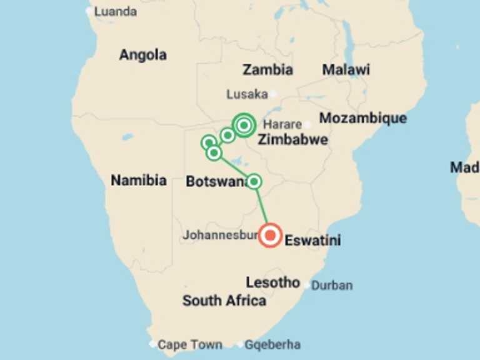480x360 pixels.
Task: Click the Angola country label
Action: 143,55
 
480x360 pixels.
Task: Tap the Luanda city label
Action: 116,11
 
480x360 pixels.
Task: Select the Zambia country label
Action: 268,69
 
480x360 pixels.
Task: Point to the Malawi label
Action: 346,69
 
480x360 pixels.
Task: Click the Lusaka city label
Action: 247,94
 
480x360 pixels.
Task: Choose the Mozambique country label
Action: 362,118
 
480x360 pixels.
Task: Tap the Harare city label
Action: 282,124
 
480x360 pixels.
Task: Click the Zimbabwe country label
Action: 292,139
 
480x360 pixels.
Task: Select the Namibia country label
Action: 139,181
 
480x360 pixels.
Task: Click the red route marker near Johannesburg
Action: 271,236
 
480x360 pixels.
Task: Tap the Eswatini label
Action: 312,240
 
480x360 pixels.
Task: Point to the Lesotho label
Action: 272,282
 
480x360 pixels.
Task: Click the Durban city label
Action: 332,286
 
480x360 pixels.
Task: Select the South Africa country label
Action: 224,301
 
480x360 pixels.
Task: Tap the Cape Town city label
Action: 189,344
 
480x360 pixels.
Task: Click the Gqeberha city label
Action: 272,344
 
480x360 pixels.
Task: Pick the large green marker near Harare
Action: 244,126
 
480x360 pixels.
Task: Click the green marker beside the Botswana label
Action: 254,182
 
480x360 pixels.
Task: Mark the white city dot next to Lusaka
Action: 273,94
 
